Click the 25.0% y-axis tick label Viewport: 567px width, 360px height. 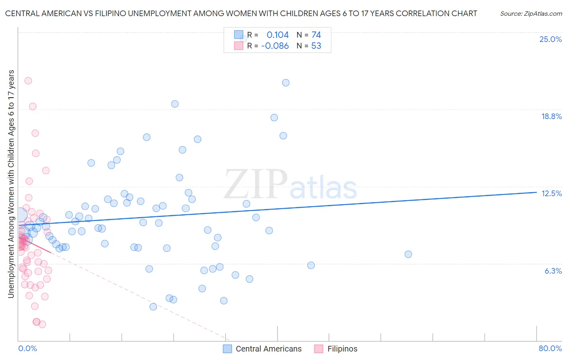pyautogui.click(x=550, y=39)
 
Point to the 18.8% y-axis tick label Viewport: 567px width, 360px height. pyautogui.click(x=551, y=116)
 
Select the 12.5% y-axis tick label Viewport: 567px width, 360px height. pyautogui.click(x=551, y=193)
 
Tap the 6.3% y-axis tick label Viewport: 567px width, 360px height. pyautogui.click(x=553, y=271)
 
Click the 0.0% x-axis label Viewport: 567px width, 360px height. pyautogui.click(x=27, y=348)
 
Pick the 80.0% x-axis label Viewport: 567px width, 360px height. pyautogui.click(x=550, y=348)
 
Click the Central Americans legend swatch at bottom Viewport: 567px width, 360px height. pyautogui.click(x=227, y=349)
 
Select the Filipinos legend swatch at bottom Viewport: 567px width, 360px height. pyautogui.click(x=319, y=349)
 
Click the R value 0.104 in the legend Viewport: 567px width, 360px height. pyautogui.click(x=277, y=35)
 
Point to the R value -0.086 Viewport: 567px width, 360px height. pyautogui.click(x=275, y=46)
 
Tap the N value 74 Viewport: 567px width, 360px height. pyautogui.click(x=316, y=35)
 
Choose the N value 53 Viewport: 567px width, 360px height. pyautogui.click(x=316, y=46)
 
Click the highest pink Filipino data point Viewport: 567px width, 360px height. pyautogui.click(x=28, y=81)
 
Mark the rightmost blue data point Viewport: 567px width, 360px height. pyautogui.click(x=408, y=254)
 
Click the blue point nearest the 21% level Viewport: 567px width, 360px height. pyautogui.click(x=286, y=83)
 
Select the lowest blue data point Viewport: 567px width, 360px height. pyautogui.click(x=153, y=307)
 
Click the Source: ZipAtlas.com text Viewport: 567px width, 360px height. pyautogui.click(x=531, y=14)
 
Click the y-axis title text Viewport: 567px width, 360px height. pyautogui.click(x=11, y=184)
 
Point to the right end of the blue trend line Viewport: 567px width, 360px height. pyautogui.click(x=536, y=192)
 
